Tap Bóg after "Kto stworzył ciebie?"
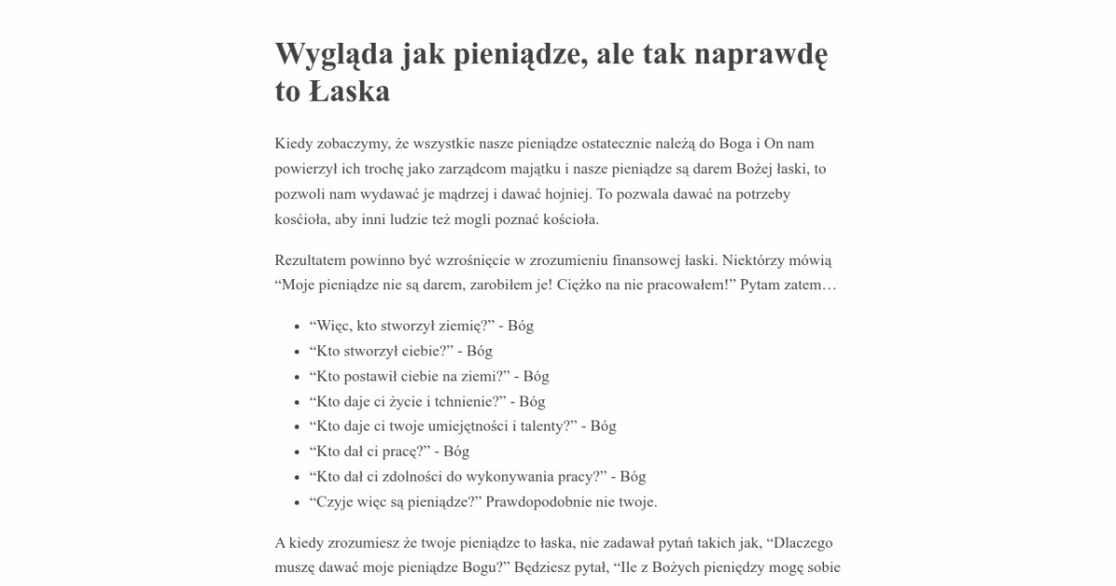tap(479, 352)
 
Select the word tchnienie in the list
tap(467, 402)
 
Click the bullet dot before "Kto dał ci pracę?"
tap(297, 452)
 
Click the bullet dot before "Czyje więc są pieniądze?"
tap(297, 502)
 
